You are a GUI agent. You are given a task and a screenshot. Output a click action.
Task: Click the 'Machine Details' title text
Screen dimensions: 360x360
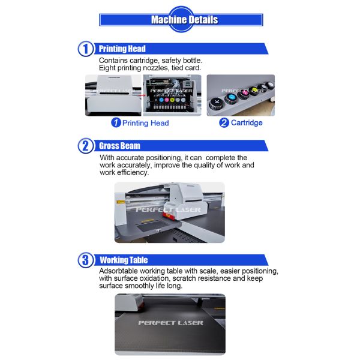184,20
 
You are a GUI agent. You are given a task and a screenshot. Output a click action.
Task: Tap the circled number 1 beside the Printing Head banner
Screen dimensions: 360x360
85,49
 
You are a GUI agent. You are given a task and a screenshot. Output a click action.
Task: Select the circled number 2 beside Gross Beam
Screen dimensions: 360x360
85,146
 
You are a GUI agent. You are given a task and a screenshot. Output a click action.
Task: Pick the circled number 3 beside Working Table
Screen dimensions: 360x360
85,260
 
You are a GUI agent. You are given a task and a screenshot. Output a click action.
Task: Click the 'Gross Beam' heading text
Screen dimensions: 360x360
119,146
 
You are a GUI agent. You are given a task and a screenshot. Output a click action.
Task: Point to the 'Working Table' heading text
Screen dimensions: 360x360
124,260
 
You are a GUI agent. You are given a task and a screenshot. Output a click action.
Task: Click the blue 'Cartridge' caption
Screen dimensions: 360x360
247,122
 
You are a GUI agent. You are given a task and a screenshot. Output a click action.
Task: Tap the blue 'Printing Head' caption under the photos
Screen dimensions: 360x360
146,123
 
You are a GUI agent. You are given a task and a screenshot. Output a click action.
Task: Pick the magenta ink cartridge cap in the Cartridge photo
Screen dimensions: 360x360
244,93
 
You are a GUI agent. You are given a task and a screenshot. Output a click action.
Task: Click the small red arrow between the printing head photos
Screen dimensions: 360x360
142,95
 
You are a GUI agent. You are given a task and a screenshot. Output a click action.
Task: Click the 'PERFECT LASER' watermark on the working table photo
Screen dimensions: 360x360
170,323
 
